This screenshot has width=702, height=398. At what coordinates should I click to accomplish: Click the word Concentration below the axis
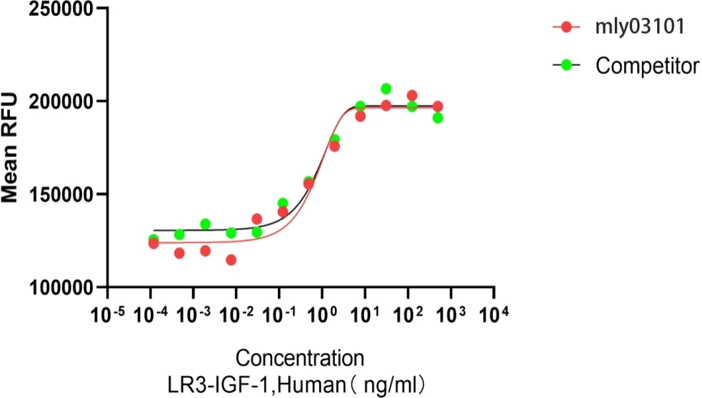click(x=300, y=357)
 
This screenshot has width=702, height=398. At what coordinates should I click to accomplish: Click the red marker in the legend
click(x=566, y=28)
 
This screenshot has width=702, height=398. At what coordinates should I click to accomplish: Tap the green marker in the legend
click(x=566, y=66)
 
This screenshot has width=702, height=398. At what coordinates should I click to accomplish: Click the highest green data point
click(x=386, y=89)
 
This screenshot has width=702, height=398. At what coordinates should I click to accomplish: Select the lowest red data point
click(x=231, y=260)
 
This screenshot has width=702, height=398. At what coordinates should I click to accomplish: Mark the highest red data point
click(x=412, y=96)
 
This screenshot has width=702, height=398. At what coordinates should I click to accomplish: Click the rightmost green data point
click(x=438, y=118)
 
